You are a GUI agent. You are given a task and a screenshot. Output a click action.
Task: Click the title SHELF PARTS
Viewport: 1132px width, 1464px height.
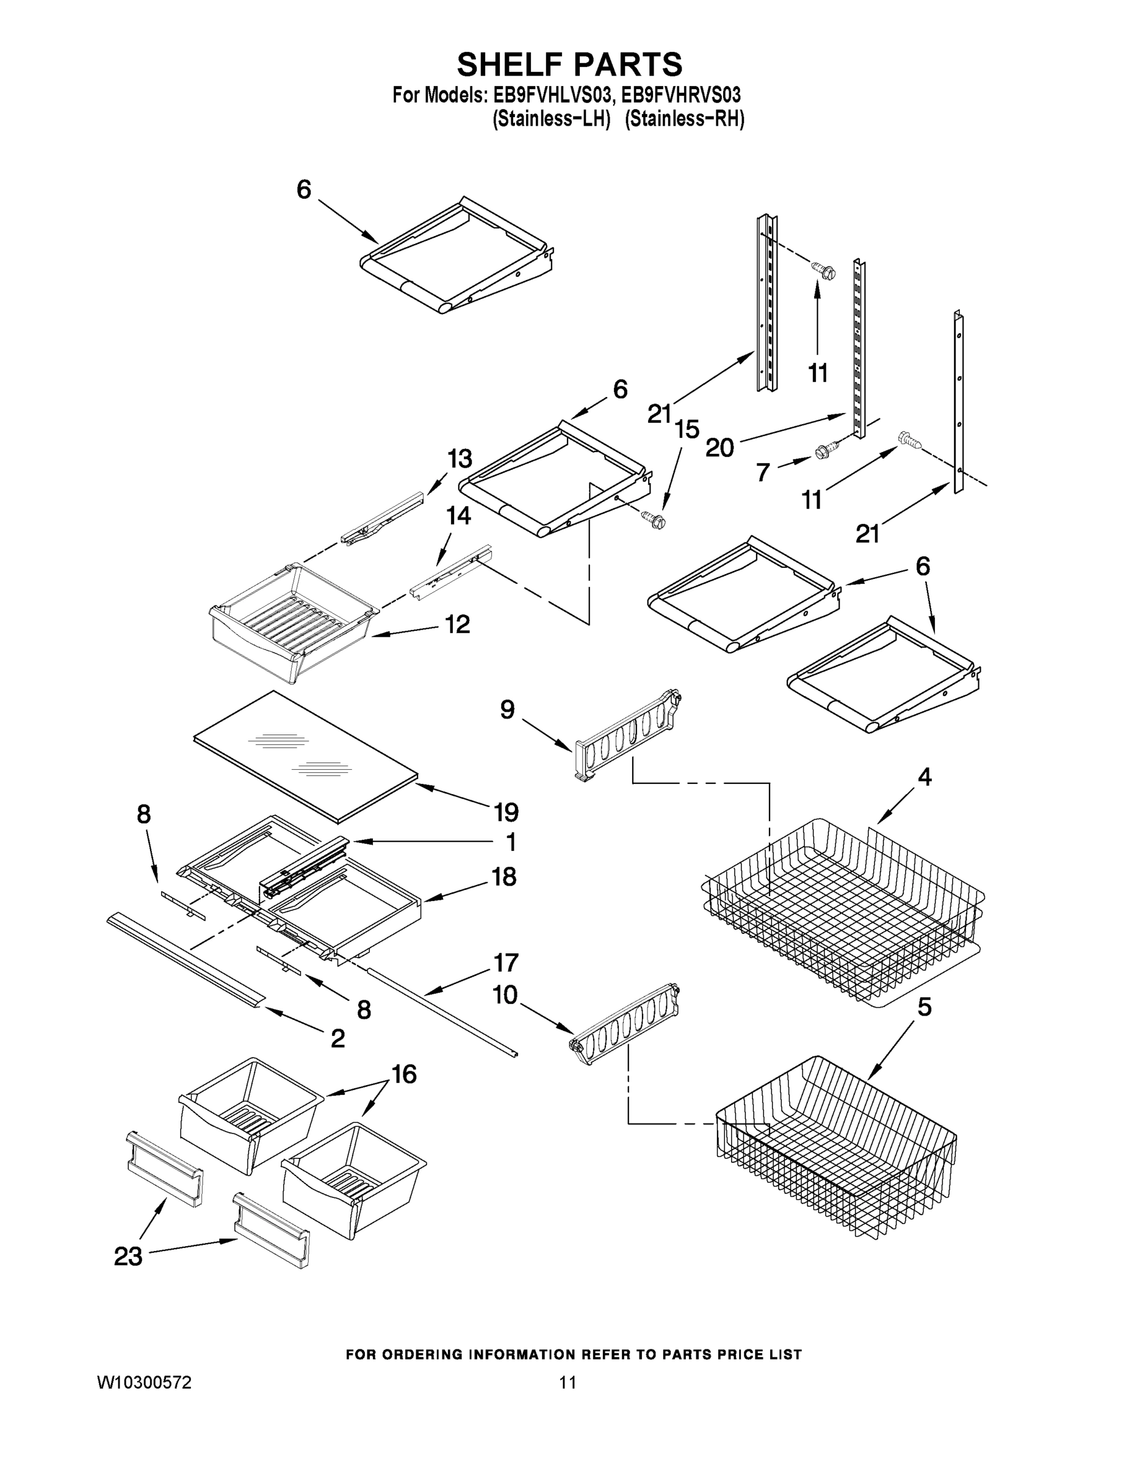[569, 65]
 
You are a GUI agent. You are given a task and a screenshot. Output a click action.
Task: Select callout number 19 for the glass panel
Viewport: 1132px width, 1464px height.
[507, 813]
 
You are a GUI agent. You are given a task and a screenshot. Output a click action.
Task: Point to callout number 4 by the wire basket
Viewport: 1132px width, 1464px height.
[924, 777]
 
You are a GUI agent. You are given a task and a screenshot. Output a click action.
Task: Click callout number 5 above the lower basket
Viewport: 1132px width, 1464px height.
[924, 1007]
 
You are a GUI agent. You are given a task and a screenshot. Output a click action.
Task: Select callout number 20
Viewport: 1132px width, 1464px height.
[719, 447]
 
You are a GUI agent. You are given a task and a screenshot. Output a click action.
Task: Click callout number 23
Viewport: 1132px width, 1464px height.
[128, 1256]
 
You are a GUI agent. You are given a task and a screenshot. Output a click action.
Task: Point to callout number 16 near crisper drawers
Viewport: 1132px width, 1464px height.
[404, 1075]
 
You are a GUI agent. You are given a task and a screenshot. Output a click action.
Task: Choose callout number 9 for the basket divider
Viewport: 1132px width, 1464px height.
[507, 709]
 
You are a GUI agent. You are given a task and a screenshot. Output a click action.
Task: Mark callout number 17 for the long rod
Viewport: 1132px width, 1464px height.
[506, 963]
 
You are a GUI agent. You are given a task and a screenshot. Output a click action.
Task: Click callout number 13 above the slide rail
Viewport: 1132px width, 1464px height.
[460, 459]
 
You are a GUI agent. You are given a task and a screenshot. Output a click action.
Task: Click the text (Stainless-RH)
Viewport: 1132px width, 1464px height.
[684, 120]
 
